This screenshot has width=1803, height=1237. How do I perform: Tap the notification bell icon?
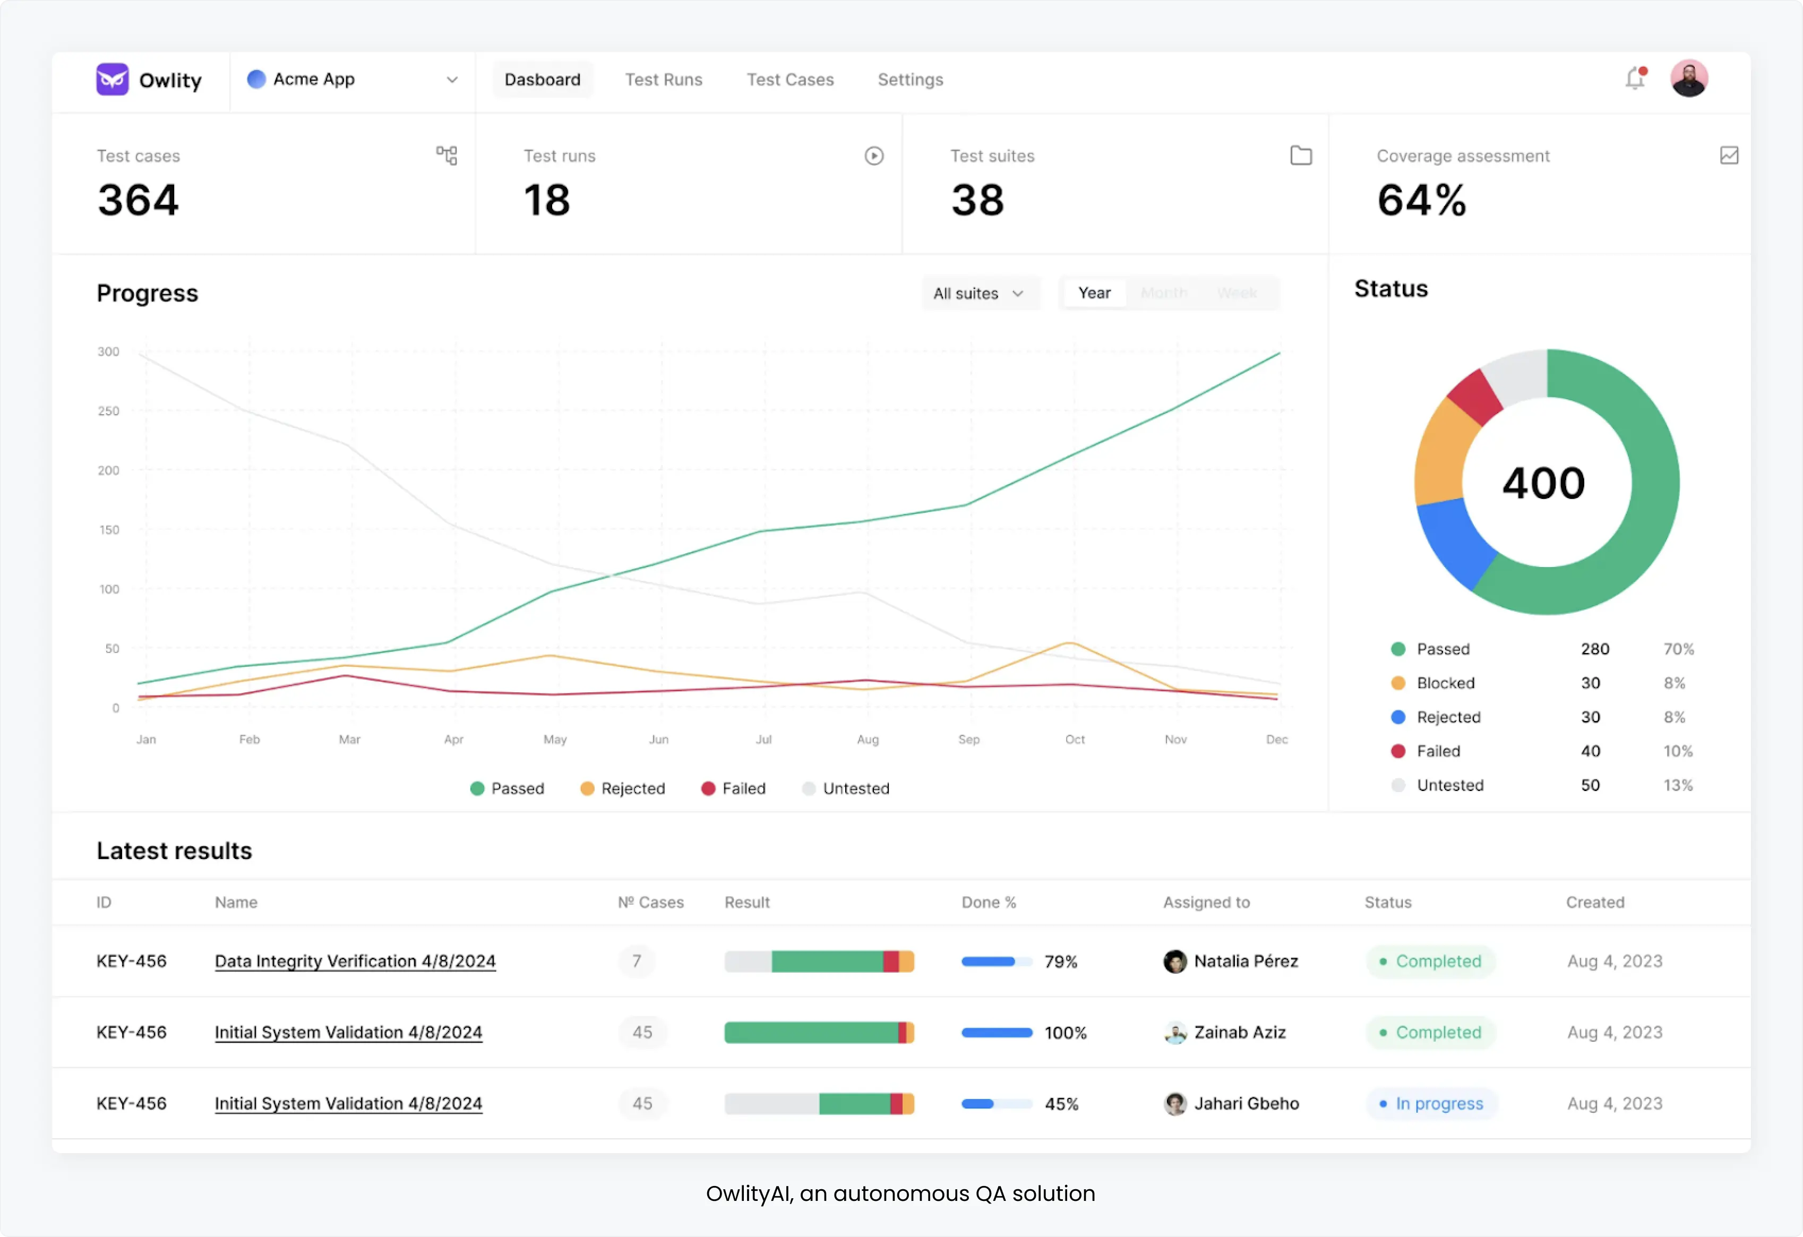pyautogui.click(x=1635, y=79)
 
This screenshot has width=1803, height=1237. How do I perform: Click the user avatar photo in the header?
pyautogui.click(x=1688, y=79)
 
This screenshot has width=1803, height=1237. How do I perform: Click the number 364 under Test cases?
pyautogui.click(x=138, y=200)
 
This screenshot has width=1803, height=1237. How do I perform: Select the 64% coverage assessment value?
pyautogui.click(x=1421, y=200)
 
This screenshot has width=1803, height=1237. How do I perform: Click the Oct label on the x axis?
pyautogui.click(x=1075, y=739)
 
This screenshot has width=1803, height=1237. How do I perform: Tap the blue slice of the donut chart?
pyautogui.click(x=1449, y=543)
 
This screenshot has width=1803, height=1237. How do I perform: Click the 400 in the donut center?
pyautogui.click(x=1544, y=483)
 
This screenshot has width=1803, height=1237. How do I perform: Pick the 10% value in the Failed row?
pyautogui.click(x=1677, y=751)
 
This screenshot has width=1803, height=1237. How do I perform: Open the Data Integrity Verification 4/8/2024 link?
pyautogui.click(x=355, y=961)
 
